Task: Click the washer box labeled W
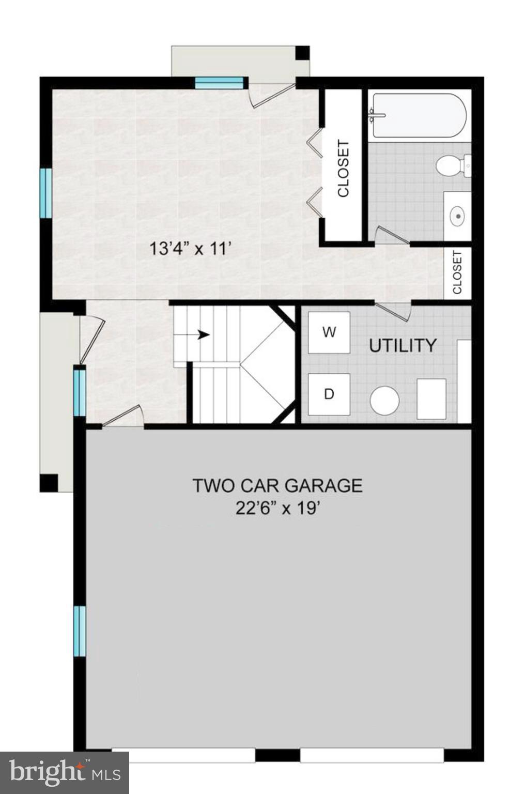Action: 329,332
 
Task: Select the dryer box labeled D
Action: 329,394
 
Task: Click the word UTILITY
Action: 403,345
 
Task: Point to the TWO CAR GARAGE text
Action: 277,486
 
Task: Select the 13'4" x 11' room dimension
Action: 189,249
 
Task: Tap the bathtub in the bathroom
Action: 419,115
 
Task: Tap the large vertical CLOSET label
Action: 343,169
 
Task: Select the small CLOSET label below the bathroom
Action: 457,273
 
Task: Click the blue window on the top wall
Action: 219,83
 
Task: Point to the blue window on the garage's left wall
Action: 79,631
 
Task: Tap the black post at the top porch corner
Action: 302,53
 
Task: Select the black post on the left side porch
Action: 49,483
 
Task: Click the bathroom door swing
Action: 392,235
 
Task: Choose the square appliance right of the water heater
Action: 431,399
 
